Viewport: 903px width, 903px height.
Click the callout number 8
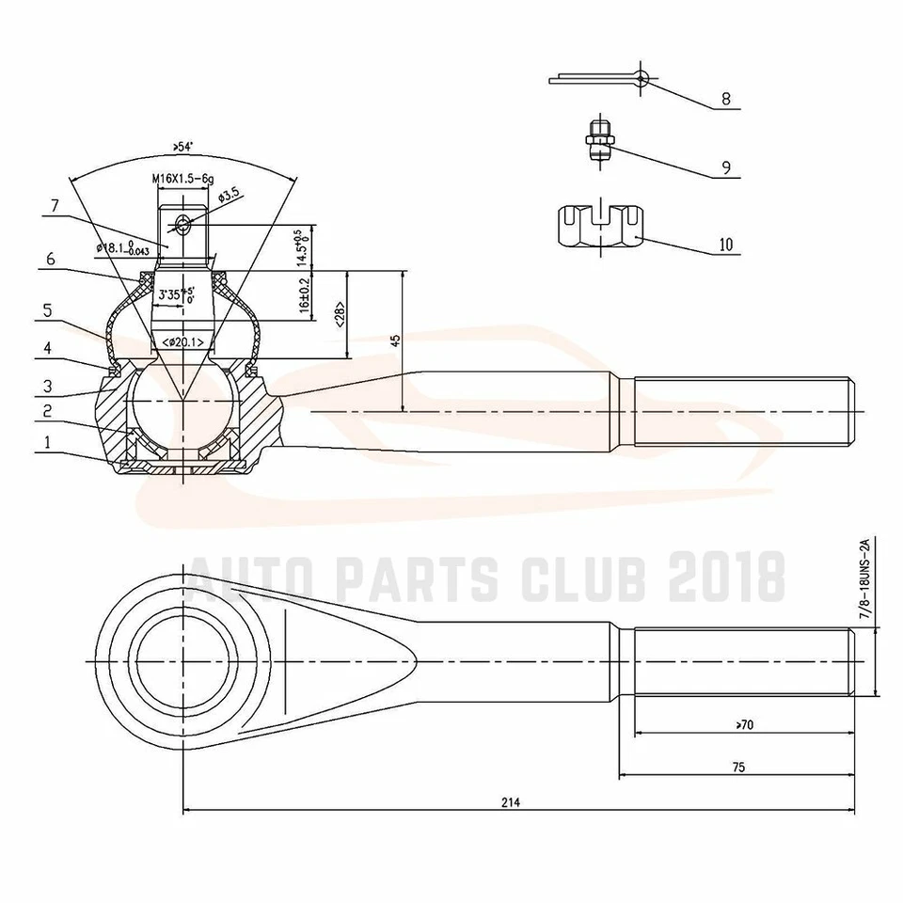click(725, 98)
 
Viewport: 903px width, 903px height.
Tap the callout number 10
click(725, 245)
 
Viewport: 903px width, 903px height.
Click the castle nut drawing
click(602, 226)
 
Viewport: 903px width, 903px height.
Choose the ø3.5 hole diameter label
click(229, 196)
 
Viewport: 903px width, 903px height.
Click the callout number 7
click(55, 204)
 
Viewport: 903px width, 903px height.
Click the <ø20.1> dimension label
click(182, 342)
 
